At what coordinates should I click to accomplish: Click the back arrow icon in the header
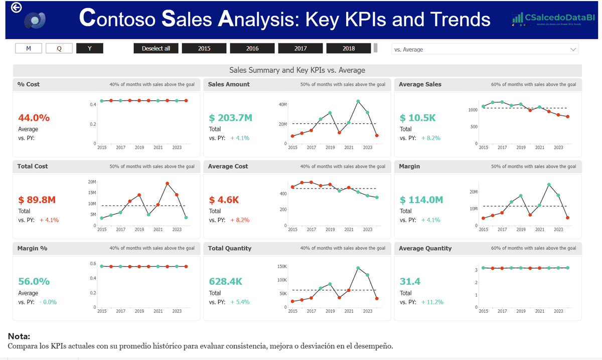tap(16, 8)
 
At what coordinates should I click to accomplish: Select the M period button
tap(29, 48)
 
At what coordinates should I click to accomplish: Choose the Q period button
tap(59, 48)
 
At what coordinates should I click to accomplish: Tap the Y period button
tap(90, 48)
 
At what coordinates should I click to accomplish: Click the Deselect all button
tap(156, 48)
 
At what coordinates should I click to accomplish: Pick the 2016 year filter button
tap(252, 48)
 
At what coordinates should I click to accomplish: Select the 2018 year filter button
tap(349, 48)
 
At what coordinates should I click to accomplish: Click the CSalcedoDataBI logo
tap(553, 19)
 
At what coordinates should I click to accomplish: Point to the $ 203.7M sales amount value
tap(231, 118)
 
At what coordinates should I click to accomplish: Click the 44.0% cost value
tap(34, 118)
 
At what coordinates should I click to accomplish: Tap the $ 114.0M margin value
tap(421, 200)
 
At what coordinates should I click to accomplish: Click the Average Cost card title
tap(228, 166)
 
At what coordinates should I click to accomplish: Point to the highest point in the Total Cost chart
tap(167, 184)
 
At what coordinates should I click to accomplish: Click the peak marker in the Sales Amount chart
tap(358, 101)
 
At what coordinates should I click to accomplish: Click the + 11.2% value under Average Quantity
tap(432, 302)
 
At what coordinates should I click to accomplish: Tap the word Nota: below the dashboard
tap(19, 336)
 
